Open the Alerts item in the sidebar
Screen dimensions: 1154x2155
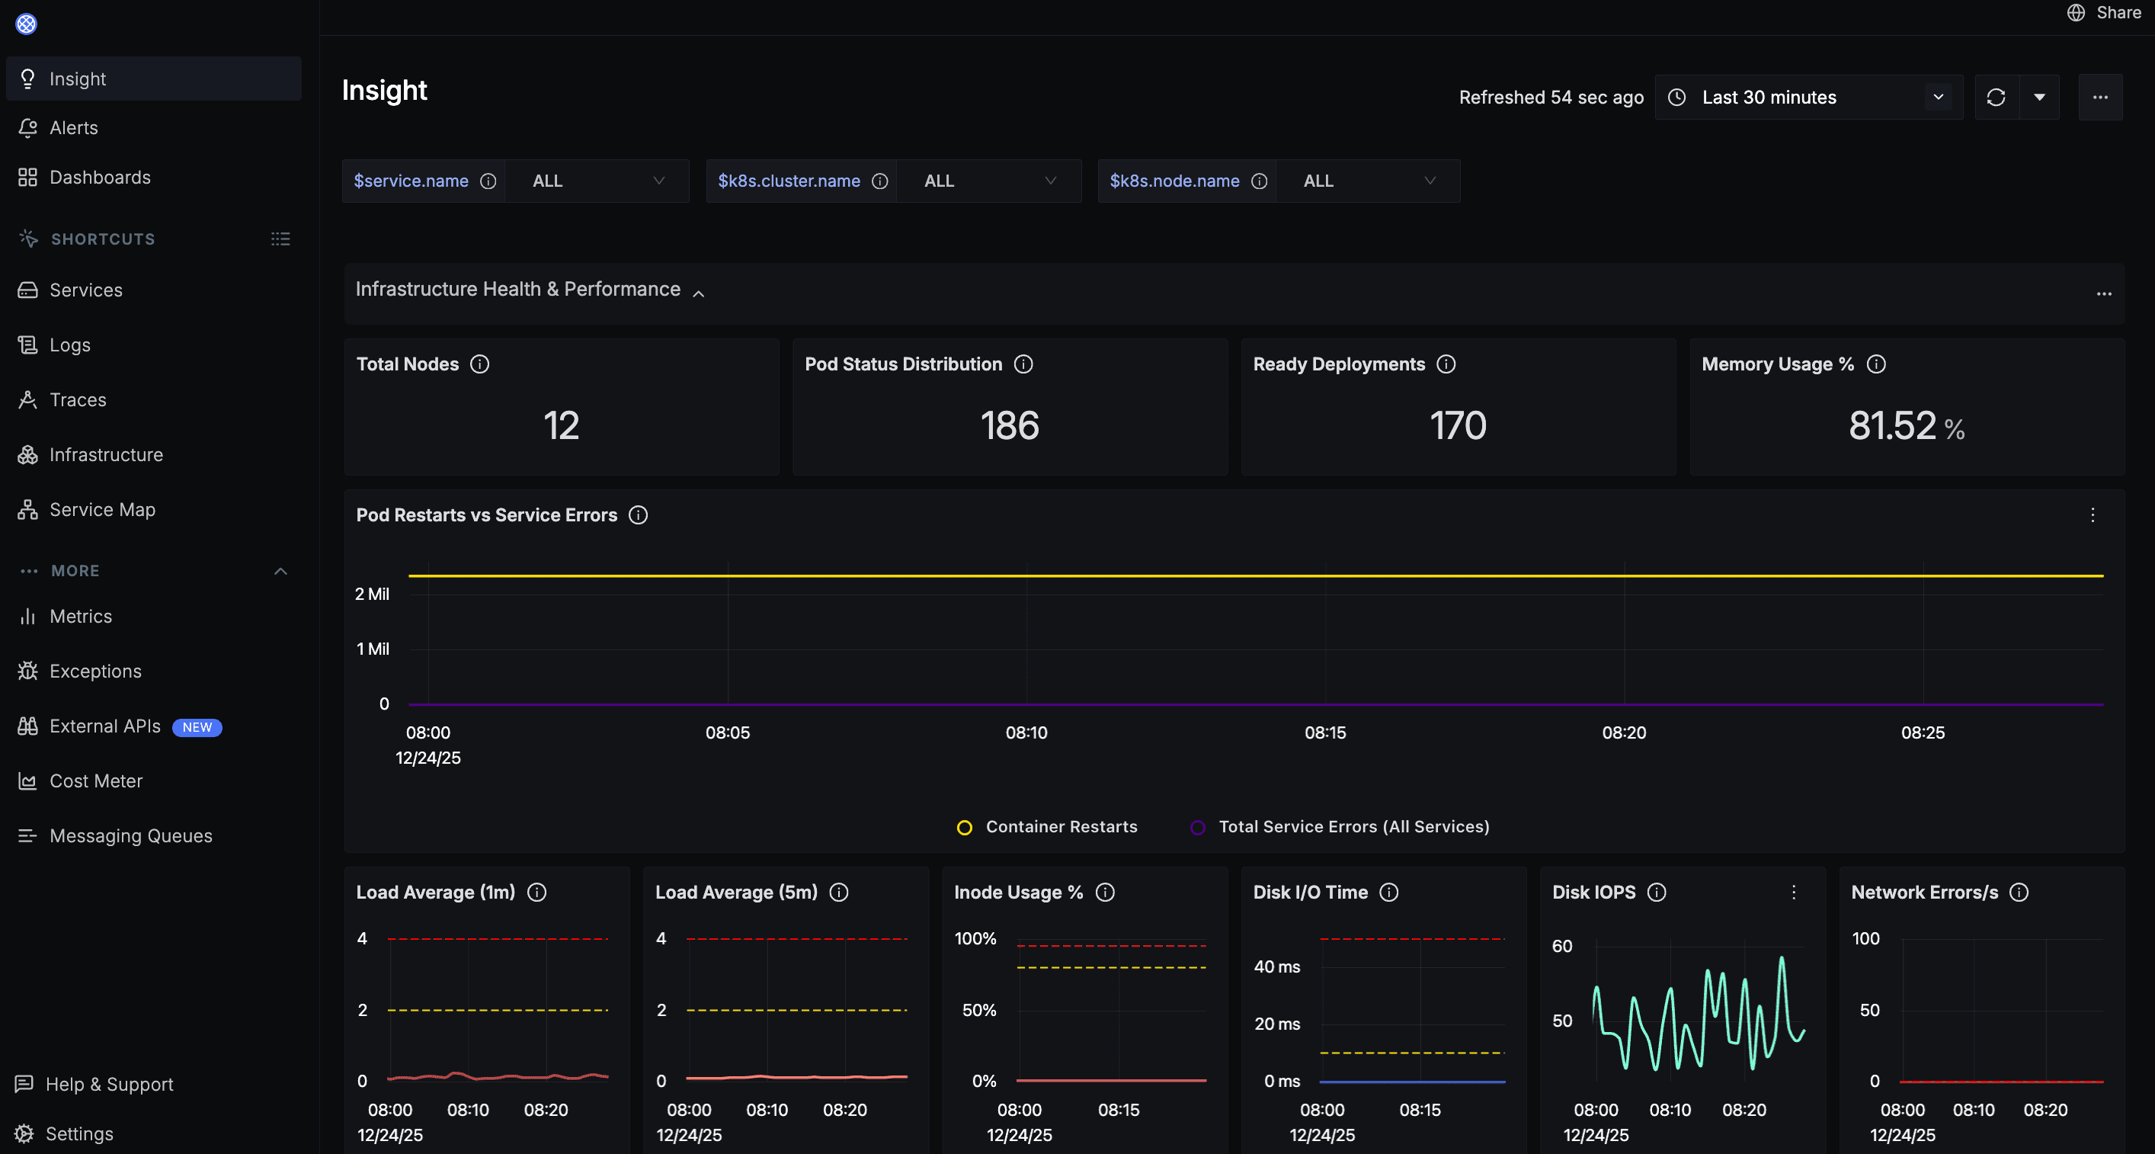coord(74,128)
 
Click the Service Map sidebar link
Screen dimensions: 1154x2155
coord(102,510)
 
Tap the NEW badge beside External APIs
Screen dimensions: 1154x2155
coord(197,727)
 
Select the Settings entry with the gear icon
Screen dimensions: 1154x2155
coord(78,1133)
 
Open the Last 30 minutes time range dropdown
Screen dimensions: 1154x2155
coord(1807,97)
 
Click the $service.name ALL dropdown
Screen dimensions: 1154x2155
coord(597,181)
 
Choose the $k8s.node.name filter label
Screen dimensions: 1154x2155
coord(1174,181)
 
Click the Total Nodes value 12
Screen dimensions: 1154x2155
coord(561,425)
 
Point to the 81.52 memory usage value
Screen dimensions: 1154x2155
coord(1892,425)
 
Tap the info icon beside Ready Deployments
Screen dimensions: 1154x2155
coord(1446,364)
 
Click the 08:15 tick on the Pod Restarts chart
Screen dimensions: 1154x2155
coord(1325,732)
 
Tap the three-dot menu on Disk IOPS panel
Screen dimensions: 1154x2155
coord(1794,892)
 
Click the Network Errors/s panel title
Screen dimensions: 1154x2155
coord(1924,892)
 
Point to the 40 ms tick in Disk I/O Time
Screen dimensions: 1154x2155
coord(1276,966)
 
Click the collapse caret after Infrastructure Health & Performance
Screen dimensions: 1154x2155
coord(699,293)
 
